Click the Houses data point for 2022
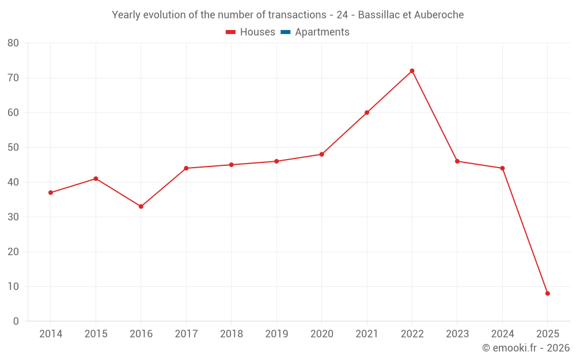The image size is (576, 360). [x=412, y=71]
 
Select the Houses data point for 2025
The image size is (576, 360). [x=547, y=294]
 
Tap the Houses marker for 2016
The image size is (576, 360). [x=141, y=206]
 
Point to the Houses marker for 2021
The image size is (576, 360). [x=367, y=112]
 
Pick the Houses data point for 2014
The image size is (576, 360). [x=51, y=192]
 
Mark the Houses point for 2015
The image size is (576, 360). [x=96, y=179]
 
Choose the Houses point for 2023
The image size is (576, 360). [x=457, y=161]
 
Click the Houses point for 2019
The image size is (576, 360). [x=276, y=161]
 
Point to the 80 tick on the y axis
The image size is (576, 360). [x=13, y=43]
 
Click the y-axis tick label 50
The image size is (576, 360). [x=13, y=147]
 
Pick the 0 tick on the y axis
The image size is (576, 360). [x=16, y=321]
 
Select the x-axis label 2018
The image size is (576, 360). [x=231, y=334]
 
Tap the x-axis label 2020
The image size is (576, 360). [x=321, y=334]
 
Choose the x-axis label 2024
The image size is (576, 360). [x=502, y=334]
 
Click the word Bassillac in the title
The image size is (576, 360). [x=380, y=15]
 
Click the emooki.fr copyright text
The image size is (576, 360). [x=526, y=348]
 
